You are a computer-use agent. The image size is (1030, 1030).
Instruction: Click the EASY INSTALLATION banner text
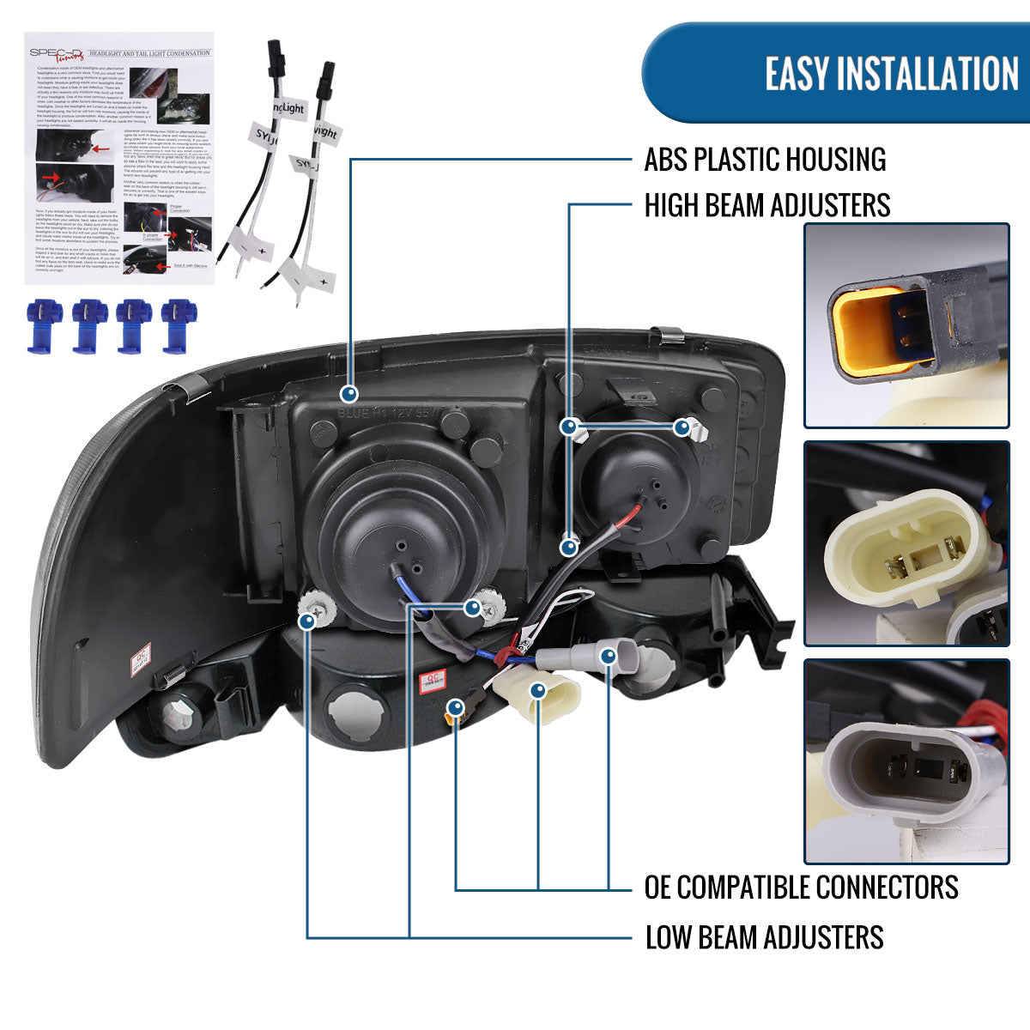coord(891,74)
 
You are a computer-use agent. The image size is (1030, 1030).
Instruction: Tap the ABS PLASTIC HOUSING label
coord(765,160)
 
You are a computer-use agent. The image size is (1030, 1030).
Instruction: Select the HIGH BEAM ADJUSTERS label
coord(767,206)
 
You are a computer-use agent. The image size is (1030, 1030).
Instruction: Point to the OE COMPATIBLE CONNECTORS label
coord(801,887)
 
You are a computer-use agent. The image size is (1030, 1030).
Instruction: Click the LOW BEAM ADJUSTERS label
coord(764,936)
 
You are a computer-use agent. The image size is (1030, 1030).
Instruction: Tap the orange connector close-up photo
coord(906,326)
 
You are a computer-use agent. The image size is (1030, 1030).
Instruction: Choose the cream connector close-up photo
coord(906,543)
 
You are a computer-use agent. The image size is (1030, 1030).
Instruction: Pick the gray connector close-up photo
coord(906,761)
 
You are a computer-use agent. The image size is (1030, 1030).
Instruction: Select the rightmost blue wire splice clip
coord(179,325)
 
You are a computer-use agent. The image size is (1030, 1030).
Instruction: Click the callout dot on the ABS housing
coord(348,394)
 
